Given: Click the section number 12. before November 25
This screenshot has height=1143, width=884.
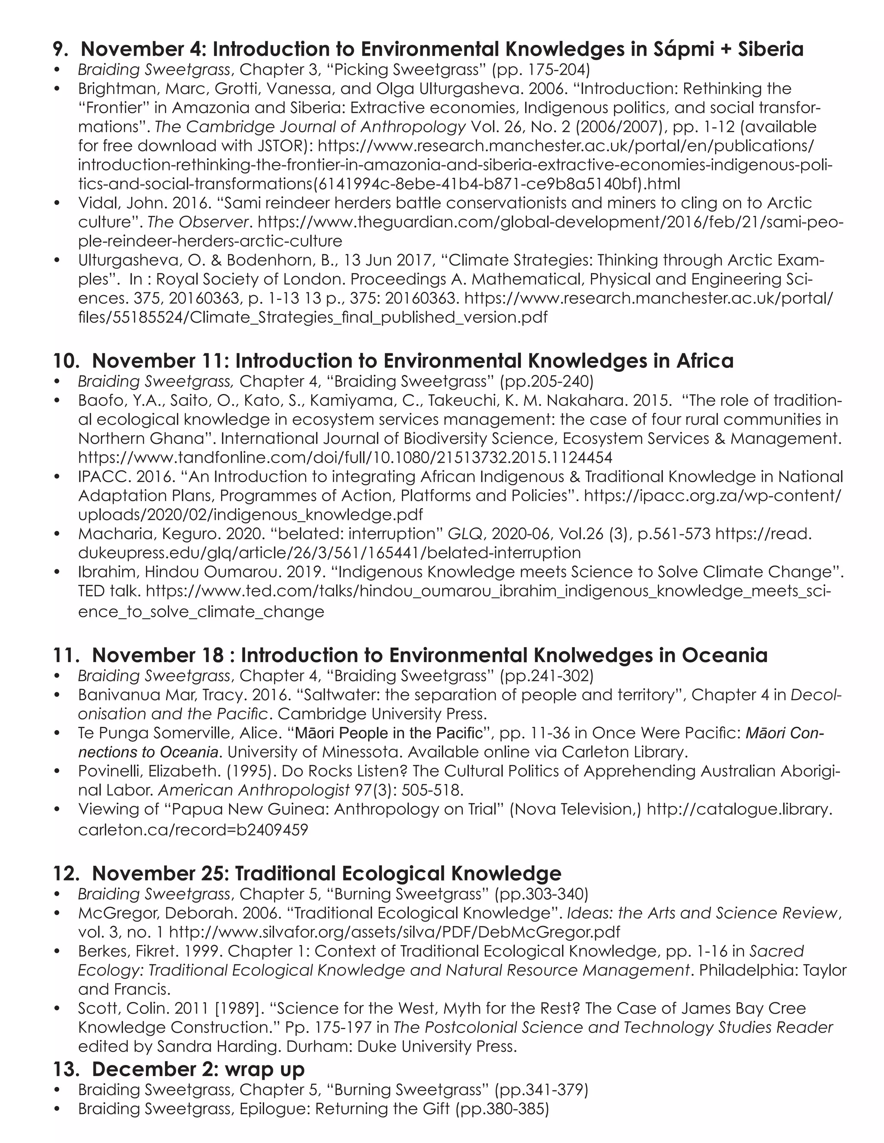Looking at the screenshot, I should coord(66,873).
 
